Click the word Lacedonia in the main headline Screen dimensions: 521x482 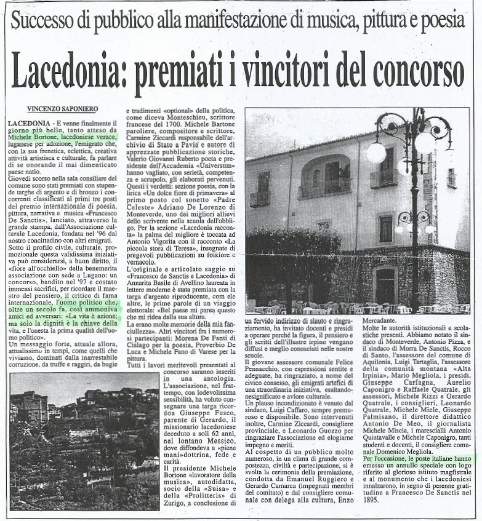tap(66, 71)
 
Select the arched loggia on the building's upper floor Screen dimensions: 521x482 tap(325, 176)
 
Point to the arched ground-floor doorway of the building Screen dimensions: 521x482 tap(385, 285)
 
